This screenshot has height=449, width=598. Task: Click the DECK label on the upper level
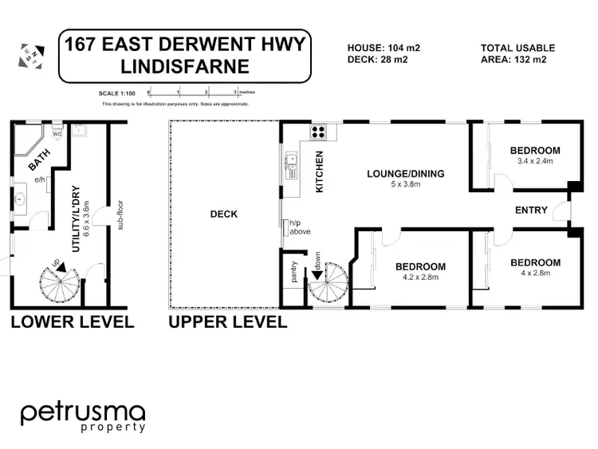coord(223,214)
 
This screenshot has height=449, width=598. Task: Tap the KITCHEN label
coord(319,172)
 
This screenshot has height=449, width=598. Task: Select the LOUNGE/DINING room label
coord(405,174)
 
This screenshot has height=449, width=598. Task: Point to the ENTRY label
coord(532,211)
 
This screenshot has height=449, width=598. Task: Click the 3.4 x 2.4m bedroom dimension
coord(536,163)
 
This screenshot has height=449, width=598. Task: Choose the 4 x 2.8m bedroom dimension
coord(535,274)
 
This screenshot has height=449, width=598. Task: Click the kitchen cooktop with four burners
coord(319,132)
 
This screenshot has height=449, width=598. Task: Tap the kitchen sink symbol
coord(290,167)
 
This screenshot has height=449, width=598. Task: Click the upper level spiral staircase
coord(327,285)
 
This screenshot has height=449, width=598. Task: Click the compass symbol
coord(30,54)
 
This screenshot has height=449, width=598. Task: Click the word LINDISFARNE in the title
coord(183,69)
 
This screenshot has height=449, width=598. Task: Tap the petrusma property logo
coord(83,417)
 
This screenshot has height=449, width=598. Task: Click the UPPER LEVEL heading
coord(227,322)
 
